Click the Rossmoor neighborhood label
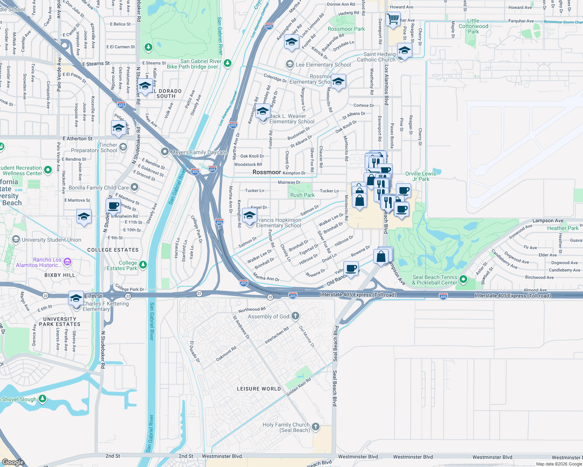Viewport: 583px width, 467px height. click(x=267, y=172)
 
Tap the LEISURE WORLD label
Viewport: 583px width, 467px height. click(x=259, y=389)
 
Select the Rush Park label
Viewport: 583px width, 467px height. click(x=302, y=195)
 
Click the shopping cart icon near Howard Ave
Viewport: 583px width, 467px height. click(x=393, y=18)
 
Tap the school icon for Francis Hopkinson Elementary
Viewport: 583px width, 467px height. click(x=249, y=215)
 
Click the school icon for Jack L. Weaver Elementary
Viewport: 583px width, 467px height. click(x=263, y=112)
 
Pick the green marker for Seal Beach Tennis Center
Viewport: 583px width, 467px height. click(x=463, y=279)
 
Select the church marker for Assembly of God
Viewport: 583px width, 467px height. click(x=295, y=316)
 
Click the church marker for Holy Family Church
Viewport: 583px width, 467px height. click(x=316, y=427)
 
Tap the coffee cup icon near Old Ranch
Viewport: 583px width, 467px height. click(x=351, y=268)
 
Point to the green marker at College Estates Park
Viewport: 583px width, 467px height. click(x=143, y=265)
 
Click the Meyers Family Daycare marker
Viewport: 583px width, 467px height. click(x=165, y=152)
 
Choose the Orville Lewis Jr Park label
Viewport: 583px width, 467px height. click(x=420, y=176)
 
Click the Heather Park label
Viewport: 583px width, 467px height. click(x=562, y=228)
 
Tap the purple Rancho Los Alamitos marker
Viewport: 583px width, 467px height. click(x=67, y=262)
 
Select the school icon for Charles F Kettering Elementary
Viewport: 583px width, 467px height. click(x=76, y=298)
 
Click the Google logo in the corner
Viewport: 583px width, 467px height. click(x=13, y=462)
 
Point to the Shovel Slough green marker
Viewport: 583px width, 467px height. click(x=42, y=399)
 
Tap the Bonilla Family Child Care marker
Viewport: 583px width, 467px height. click(x=134, y=188)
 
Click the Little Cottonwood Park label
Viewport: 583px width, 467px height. click(x=473, y=26)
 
